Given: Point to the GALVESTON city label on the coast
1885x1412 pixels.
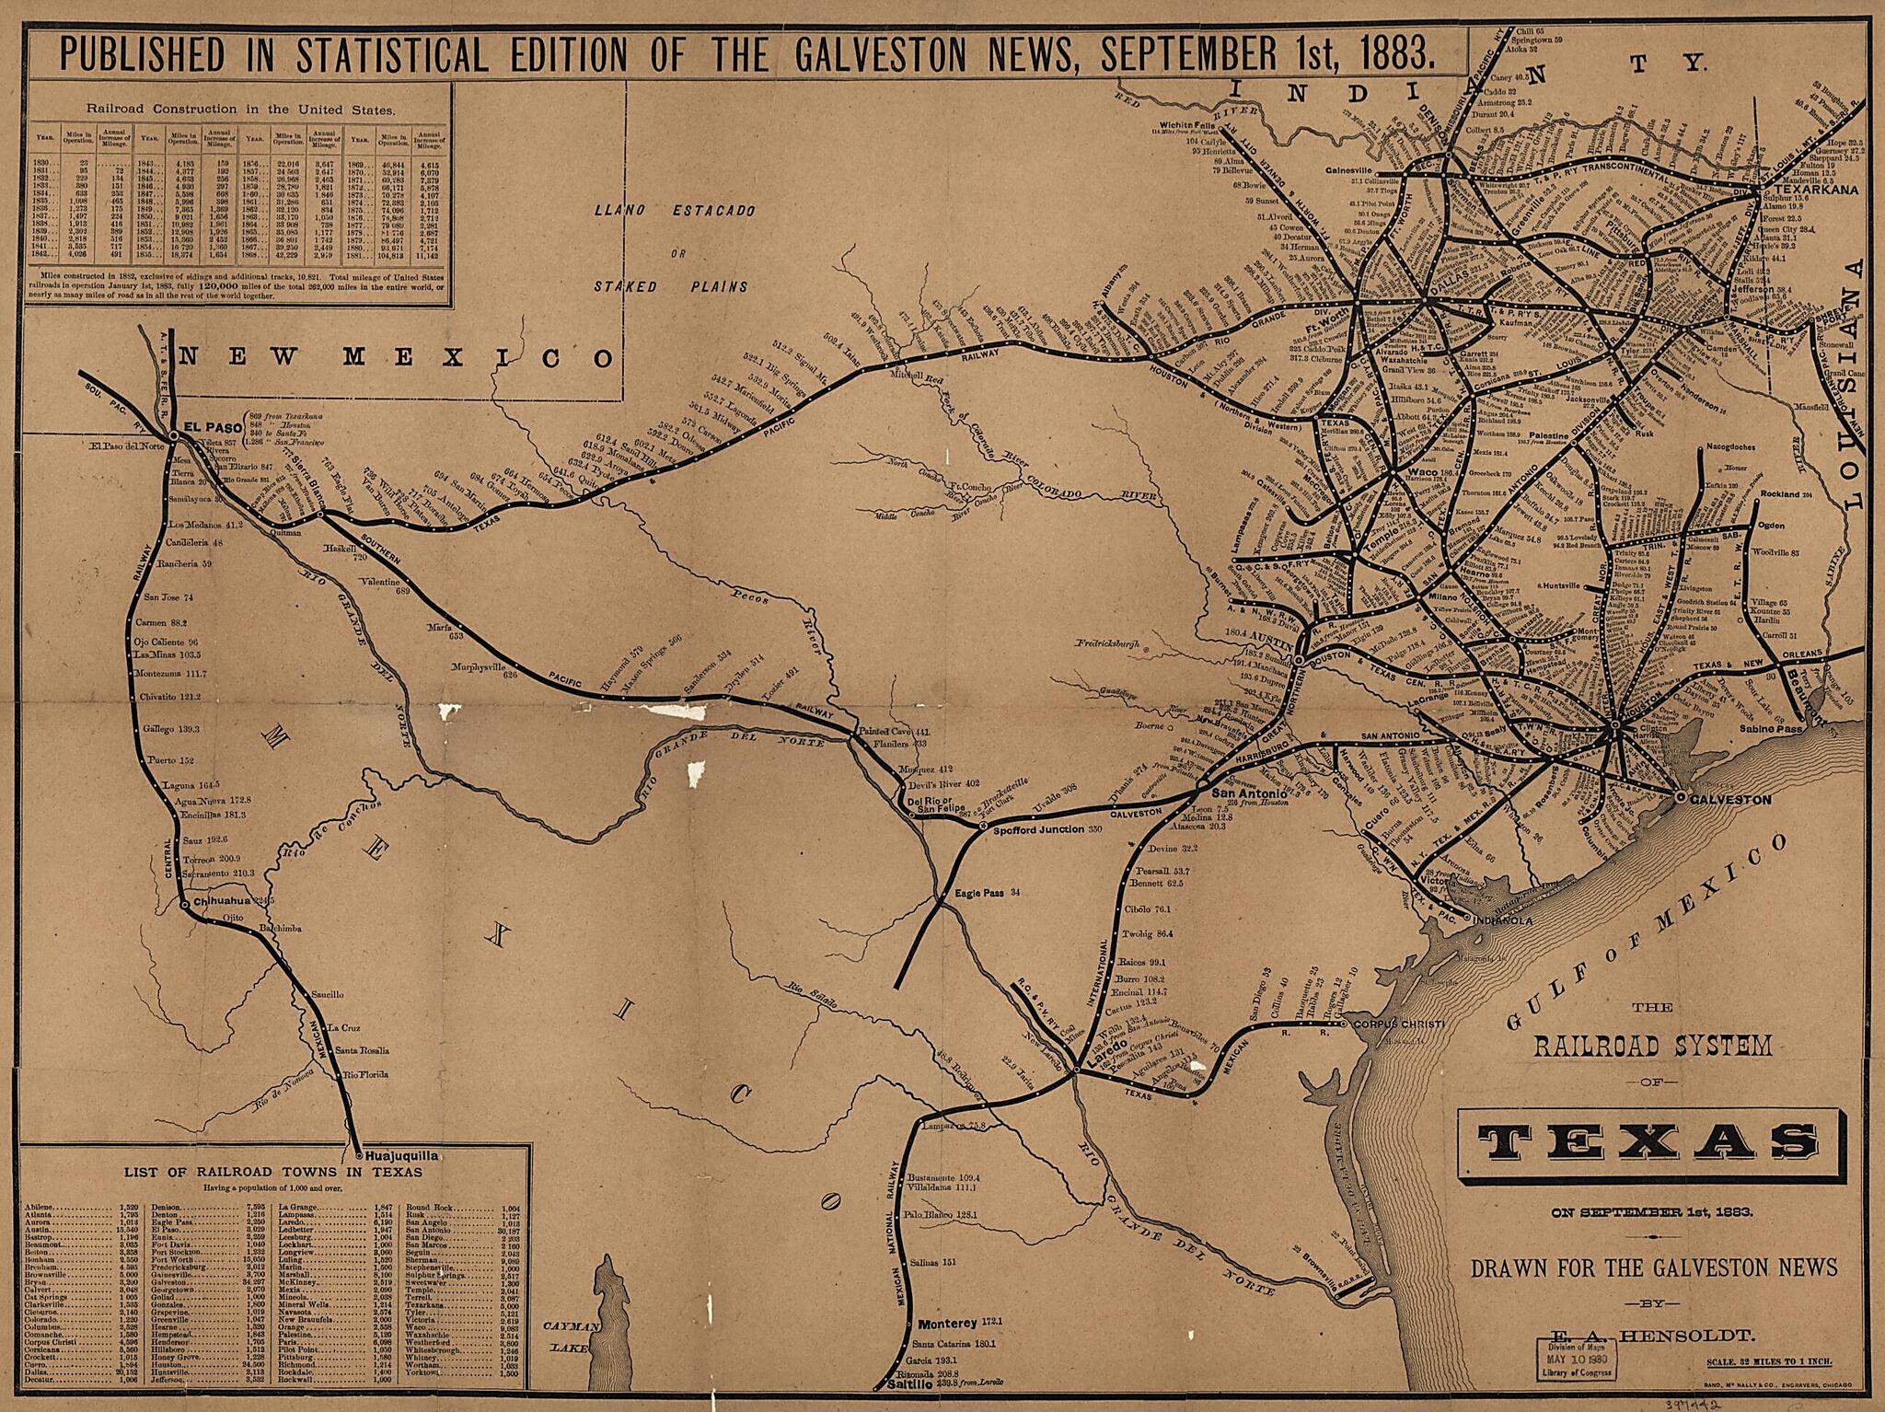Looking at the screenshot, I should [x=1730, y=800].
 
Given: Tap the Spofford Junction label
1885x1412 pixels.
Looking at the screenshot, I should [x=1038, y=829].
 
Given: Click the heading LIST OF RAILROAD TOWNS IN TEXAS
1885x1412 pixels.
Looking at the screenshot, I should [x=273, y=1172].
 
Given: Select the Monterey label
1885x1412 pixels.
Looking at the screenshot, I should [x=947, y=1323].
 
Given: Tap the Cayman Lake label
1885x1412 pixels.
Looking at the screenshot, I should [x=571, y=1337].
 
